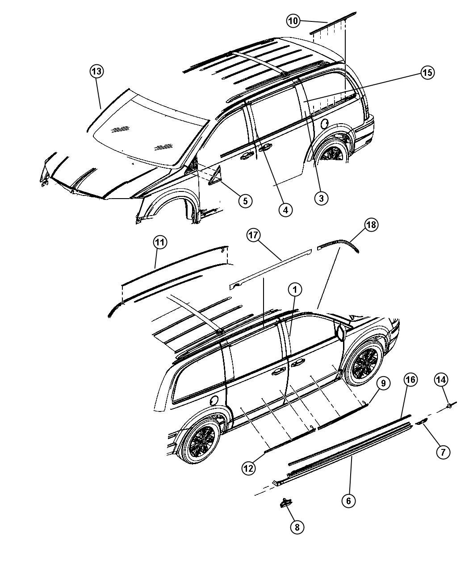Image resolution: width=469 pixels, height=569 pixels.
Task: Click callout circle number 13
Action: click(96, 71)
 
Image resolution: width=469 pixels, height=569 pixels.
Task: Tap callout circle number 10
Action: click(293, 21)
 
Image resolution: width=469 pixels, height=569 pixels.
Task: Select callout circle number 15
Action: click(427, 72)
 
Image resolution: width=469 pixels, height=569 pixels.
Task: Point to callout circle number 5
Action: click(245, 201)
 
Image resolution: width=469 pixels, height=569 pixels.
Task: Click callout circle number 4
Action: click(285, 210)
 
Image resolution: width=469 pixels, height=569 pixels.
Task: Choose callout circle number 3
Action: click(321, 198)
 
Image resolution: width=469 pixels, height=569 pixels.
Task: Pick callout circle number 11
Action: click(160, 242)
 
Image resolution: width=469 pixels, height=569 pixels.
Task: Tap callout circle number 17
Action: click(253, 235)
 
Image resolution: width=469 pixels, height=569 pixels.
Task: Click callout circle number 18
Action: click(371, 225)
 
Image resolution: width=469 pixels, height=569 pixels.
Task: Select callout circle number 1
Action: click(295, 290)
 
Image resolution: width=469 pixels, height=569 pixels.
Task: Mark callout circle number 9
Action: click(383, 383)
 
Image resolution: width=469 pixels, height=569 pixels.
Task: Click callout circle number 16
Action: click(410, 380)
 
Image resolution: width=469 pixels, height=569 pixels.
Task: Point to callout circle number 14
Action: click(441, 380)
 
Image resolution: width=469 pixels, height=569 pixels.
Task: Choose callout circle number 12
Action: click(248, 468)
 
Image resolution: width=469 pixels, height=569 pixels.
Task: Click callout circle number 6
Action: click(348, 501)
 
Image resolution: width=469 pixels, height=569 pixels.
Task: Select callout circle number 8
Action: click(297, 535)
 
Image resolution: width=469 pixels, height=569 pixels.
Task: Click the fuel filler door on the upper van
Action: click(325, 124)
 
